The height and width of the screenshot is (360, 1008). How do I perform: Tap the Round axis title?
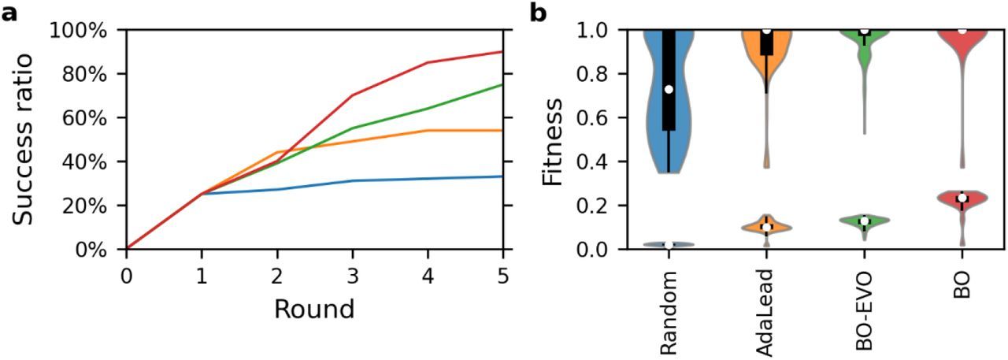(x=313, y=308)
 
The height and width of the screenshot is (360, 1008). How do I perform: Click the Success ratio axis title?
(x=28, y=139)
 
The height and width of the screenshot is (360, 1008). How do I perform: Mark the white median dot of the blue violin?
(x=669, y=89)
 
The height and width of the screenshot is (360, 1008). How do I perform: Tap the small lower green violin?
(x=864, y=221)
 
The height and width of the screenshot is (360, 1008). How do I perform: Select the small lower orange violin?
(x=766, y=227)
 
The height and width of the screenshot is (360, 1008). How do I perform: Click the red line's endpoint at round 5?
(x=502, y=52)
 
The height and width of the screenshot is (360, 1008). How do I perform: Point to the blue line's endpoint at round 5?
(x=502, y=176)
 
